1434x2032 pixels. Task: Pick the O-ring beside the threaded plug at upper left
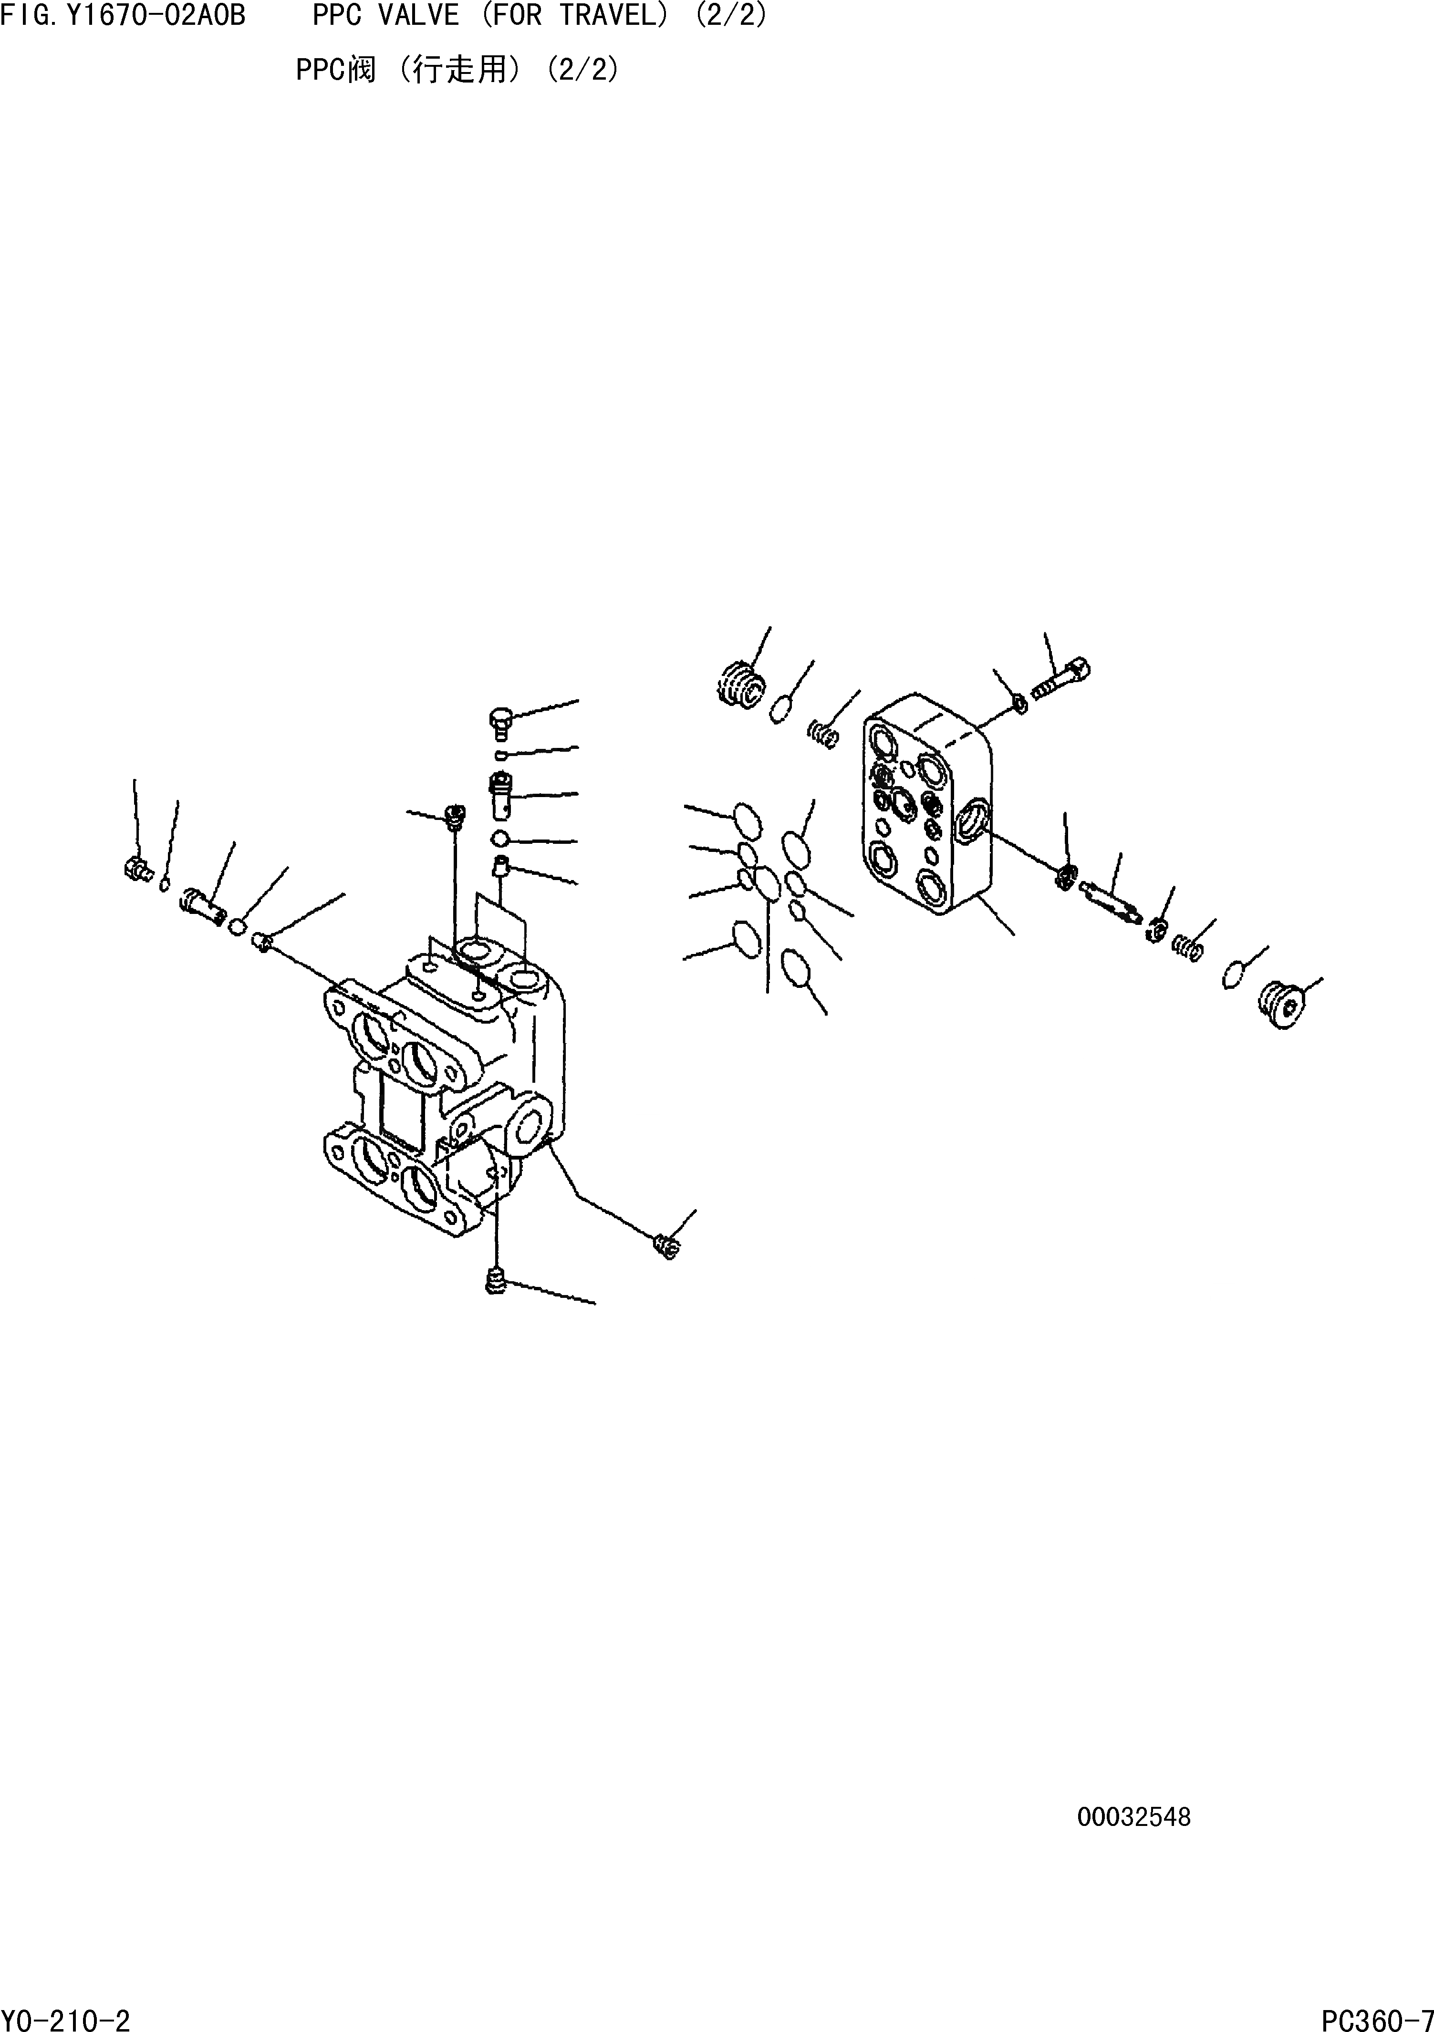[780, 709]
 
